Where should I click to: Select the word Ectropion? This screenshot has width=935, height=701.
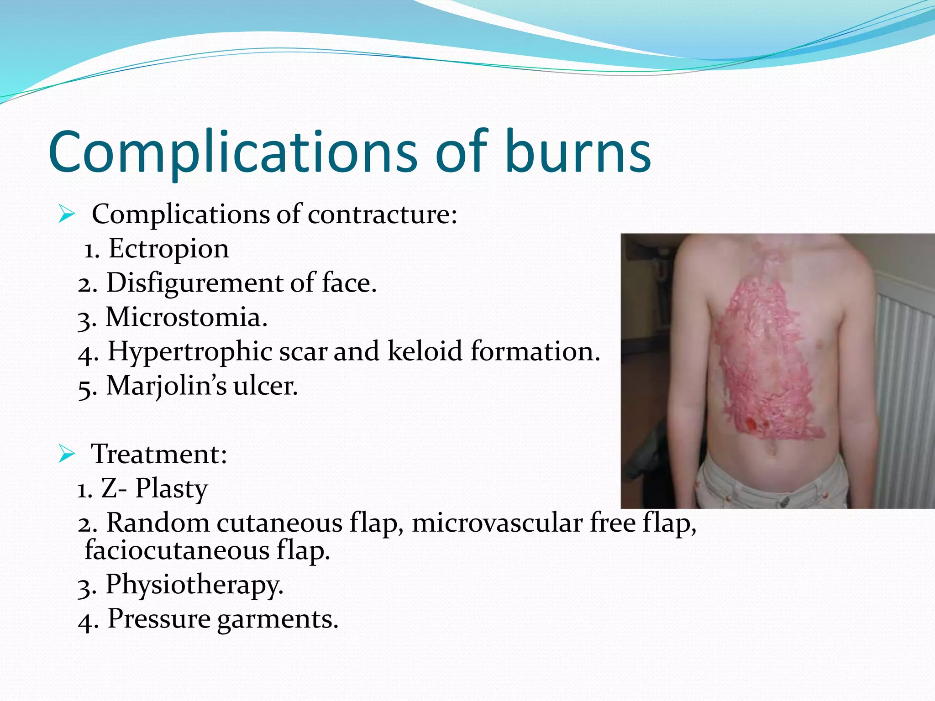168,249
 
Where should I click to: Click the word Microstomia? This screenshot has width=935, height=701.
186,317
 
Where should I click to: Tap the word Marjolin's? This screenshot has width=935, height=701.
166,386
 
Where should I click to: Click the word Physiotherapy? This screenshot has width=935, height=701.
194,585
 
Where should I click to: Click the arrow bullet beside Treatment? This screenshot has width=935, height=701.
67,455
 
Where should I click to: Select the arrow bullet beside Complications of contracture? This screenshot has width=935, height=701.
67,214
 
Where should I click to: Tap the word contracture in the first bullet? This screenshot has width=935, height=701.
382,214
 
